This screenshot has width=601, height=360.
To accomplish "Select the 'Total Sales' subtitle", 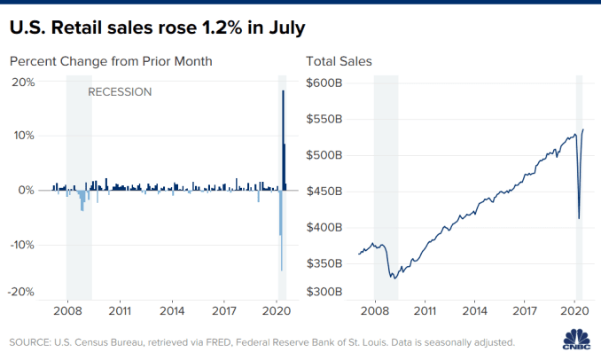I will (339, 62).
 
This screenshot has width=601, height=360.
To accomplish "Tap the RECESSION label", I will (120, 91).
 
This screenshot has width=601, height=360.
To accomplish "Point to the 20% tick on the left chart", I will (22, 82).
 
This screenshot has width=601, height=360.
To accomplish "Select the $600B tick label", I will (324, 82).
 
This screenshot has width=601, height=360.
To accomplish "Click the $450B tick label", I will (324, 191).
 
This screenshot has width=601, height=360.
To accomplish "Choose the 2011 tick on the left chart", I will (120, 312).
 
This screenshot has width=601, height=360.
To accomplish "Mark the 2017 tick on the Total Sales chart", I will (526, 312).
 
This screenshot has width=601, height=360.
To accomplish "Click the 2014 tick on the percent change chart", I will (172, 312).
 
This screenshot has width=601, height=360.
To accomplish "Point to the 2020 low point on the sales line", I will (579, 218).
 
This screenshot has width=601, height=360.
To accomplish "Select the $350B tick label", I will (324, 263).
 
